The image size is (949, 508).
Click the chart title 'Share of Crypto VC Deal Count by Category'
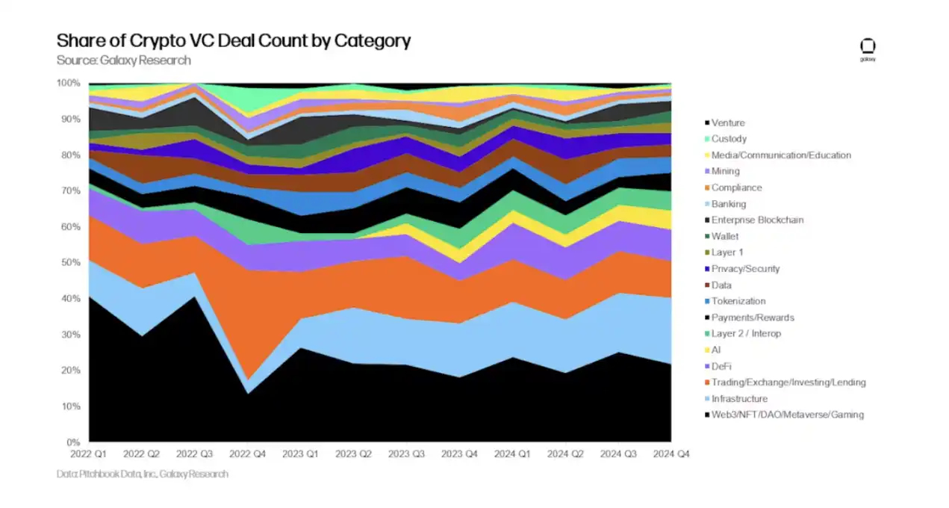pos(234,40)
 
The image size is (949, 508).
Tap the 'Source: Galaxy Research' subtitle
pos(124,61)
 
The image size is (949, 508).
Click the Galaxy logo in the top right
pos(867,49)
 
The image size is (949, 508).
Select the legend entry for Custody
pos(729,139)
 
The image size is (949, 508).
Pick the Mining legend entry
pos(726,172)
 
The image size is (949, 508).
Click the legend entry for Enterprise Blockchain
pos(757,220)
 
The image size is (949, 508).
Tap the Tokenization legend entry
pos(738,301)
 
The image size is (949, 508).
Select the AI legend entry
pos(716,350)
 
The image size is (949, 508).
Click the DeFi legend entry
pos(722,366)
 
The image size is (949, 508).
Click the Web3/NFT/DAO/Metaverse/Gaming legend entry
pos(788,415)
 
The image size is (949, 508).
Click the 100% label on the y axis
pos(68,83)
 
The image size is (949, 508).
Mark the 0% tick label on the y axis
pos(72,442)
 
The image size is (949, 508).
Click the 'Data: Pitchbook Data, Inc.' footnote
pos(143,474)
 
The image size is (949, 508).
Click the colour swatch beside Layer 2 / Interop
pos(706,334)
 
